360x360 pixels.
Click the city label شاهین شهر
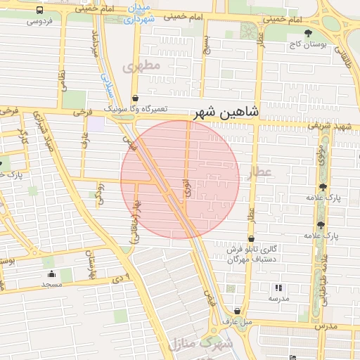pyautogui.click(x=224, y=112)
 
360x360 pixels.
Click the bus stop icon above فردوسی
pyautogui.click(x=39, y=11)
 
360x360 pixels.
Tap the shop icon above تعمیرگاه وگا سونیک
pyautogui.click(x=135, y=98)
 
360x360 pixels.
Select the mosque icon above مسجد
pyautogui.click(x=51, y=274)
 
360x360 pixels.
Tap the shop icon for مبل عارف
pyautogui.click(x=237, y=311)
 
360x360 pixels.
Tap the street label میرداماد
pyautogui.click(x=94, y=43)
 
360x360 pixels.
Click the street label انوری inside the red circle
pyautogui.click(x=186, y=186)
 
